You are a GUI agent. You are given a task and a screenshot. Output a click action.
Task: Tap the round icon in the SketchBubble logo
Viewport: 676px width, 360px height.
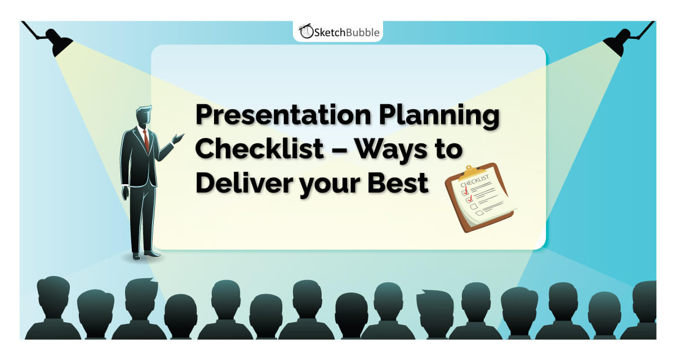coord(305,32)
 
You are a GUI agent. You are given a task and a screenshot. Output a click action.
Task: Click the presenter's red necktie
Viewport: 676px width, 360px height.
coord(146,139)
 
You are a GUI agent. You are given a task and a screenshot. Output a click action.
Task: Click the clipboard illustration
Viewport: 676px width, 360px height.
coord(479,197)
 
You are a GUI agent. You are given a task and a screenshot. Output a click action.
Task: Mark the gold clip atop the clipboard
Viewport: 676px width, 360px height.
coord(473,171)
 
